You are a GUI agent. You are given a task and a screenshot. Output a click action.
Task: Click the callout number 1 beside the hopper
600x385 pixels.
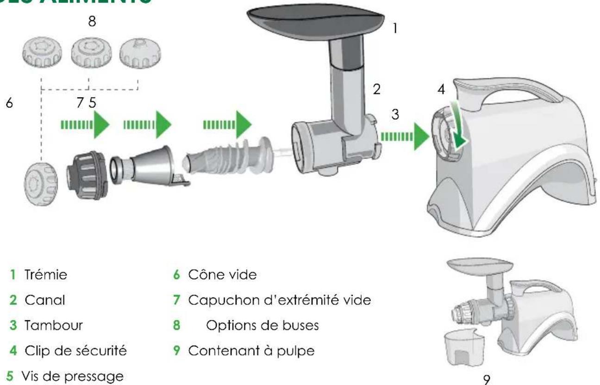click(x=394, y=29)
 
